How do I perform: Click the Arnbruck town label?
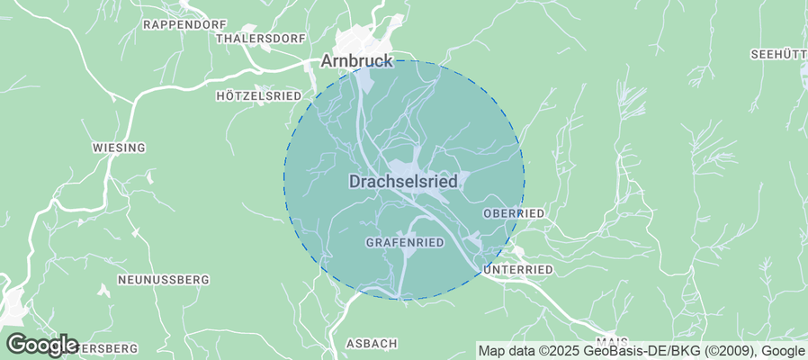(357, 61)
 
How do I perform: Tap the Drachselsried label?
(402, 182)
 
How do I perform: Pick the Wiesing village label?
(119, 148)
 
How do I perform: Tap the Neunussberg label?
(163, 280)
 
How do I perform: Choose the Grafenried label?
(405, 243)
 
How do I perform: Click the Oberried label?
(514, 213)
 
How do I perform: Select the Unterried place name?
(517, 270)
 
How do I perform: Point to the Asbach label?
(372, 344)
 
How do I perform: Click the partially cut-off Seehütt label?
(777, 55)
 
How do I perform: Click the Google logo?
(41, 345)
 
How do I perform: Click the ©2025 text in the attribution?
(559, 351)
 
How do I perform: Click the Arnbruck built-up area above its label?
(363, 40)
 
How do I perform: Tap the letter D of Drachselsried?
(355, 182)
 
